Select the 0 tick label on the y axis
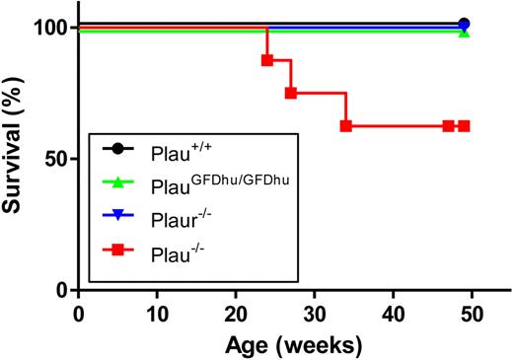(x=61, y=290)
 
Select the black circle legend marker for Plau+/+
(x=118, y=151)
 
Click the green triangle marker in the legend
(x=118, y=181)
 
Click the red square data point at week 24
(x=266, y=60)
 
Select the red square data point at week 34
(x=345, y=126)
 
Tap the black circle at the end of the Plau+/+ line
(x=464, y=23)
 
